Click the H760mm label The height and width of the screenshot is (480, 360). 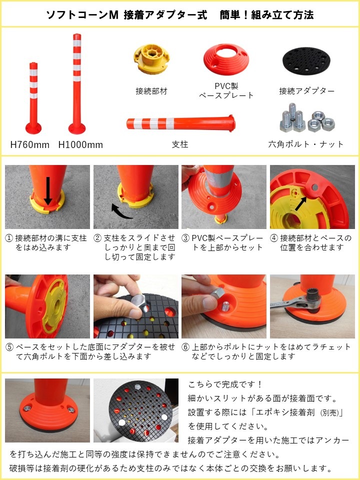(x=29, y=144)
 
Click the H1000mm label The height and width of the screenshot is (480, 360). (x=80, y=144)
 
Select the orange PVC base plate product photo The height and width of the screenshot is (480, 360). (x=226, y=59)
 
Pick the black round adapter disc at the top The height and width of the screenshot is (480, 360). (x=306, y=61)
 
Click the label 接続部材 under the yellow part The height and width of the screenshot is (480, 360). (x=151, y=91)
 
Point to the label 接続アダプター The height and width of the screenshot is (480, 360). (x=306, y=91)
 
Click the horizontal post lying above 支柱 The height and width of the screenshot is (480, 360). (x=181, y=123)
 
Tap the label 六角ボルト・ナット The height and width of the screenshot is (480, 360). (x=306, y=144)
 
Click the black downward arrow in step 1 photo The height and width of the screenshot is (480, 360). (x=48, y=190)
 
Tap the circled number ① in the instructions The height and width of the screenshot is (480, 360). (x=9, y=238)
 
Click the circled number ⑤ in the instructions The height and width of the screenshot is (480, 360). (x=9, y=347)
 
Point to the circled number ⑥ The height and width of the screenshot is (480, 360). (x=185, y=347)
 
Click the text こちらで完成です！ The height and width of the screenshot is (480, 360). (x=225, y=384)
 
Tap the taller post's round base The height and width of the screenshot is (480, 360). (x=77, y=128)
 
